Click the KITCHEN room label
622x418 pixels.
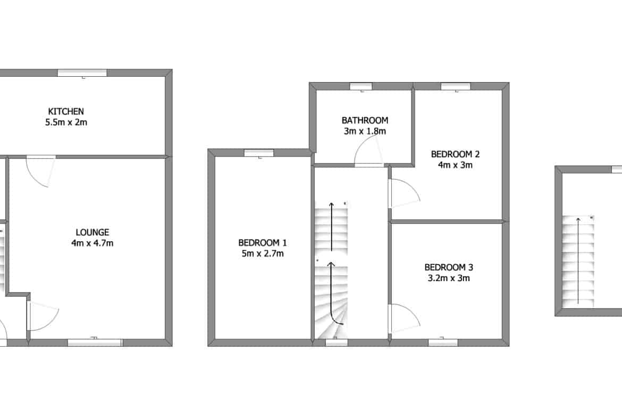pyautogui.click(x=66, y=111)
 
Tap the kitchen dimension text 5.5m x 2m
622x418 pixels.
pyautogui.click(x=66, y=122)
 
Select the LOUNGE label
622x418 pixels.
pyautogui.click(x=93, y=232)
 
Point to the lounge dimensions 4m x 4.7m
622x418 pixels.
pyautogui.click(x=93, y=243)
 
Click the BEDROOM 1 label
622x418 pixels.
pyautogui.click(x=263, y=242)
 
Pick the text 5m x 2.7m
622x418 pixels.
pyautogui.click(x=263, y=253)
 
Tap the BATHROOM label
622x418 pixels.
pyautogui.click(x=365, y=120)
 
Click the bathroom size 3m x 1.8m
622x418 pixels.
pyautogui.click(x=365, y=131)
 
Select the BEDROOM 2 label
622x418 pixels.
pyautogui.click(x=456, y=154)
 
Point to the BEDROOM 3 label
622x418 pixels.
pyautogui.click(x=449, y=267)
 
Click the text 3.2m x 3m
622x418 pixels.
pyautogui.click(x=449, y=278)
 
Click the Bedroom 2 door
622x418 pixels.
pyautogui.click(x=405, y=193)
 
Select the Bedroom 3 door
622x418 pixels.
pyautogui.click(x=405, y=318)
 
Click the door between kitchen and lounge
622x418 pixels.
pyautogui.click(x=41, y=171)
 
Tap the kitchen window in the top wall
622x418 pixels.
pyautogui.click(x=82, y=73)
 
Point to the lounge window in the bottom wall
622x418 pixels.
pyautogui.click(x=95, y=342)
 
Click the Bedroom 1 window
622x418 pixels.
pyautogui.click(x=259, y=153)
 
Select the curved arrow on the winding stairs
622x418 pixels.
pyautogui.click(x=333, y=292)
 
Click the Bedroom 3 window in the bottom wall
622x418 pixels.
pyautogui.click(x=443, y=342)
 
